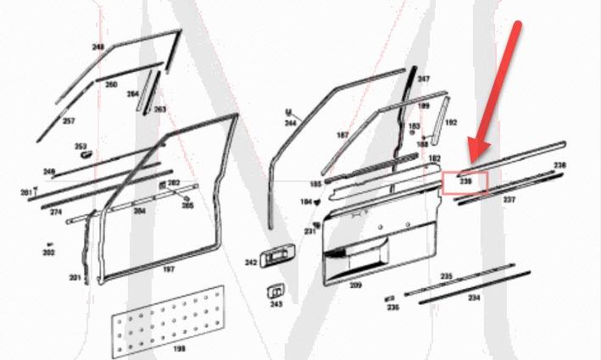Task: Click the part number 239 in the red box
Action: coord(465,181)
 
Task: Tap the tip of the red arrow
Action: coord(472,161)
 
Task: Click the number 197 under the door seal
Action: coord(168,269)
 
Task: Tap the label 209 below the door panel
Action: coord(355,285)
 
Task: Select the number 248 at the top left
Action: coord(98,47)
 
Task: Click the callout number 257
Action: coord(69,121)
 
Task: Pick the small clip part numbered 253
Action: coord(83,153)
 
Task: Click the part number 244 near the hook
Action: coord(291,124)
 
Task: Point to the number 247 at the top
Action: coord(423,79)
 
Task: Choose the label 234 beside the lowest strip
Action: coord(474,297)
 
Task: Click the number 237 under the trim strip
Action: coord(509,200)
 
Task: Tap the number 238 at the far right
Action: coord(559,164)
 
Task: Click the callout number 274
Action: coord(56,211)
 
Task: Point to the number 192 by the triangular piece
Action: coord(451,123)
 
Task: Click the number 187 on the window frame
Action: coord(342,136)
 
